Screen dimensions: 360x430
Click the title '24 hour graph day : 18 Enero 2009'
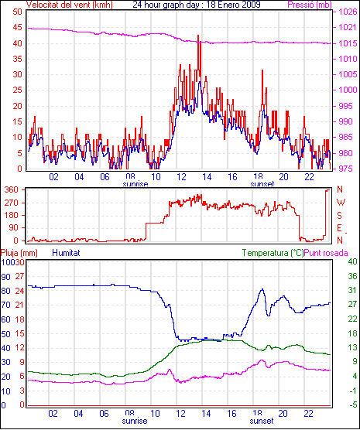[197, 5]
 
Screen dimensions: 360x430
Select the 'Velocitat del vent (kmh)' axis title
[69, 5]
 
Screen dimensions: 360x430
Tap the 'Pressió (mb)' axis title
[310, 5]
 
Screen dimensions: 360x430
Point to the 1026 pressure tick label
[348, 12]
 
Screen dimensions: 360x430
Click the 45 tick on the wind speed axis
[17, 27]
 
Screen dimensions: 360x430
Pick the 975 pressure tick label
[348, 169]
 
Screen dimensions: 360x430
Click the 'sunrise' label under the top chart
[135, 184]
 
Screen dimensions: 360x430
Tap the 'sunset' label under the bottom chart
[262, 421]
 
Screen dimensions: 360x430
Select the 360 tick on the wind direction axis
[12, 189]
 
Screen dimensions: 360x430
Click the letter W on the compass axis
[341, 203]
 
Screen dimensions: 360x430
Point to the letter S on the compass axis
[340, 216]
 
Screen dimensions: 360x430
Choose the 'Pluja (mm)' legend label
[19, 253]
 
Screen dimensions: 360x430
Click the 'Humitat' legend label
[66, 253]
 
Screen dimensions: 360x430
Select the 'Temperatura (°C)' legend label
[273, 253]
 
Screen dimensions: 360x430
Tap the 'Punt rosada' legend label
[326, 253]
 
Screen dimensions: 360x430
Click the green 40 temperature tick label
[352, 262]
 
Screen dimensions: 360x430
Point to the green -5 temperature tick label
[352, 405]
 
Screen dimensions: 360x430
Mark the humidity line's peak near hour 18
[262, 289]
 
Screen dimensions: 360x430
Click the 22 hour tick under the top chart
[309, 177]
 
